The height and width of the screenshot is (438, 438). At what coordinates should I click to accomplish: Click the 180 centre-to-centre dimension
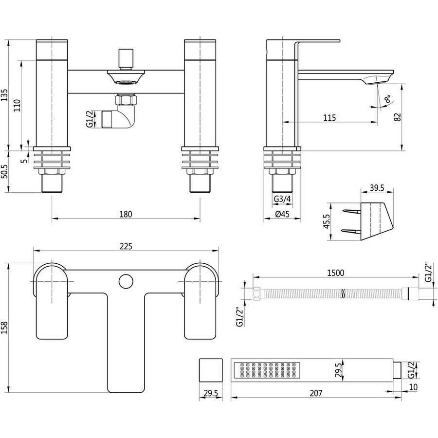(x=126, y=214)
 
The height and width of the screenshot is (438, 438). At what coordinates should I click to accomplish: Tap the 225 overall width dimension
(x=126, y=246)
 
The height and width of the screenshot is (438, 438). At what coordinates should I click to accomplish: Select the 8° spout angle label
(x=388, y=99)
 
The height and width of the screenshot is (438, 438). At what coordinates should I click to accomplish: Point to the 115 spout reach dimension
(x=329, y=118)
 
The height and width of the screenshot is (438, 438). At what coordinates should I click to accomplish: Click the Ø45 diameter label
(x=282, y=214)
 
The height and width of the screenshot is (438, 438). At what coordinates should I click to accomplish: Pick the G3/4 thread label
(x=282, y=199)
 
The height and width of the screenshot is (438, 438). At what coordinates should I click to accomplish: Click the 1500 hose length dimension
(x=336, y=273)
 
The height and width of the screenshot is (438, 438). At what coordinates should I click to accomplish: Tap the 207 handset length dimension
(x=316, y=393)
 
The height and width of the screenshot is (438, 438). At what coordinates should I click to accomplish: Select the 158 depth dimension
(x=5, y=328)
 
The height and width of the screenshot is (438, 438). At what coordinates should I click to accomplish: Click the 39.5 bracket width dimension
(x=377, y=188)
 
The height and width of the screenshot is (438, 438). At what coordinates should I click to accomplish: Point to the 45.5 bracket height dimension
(x=327, y=221)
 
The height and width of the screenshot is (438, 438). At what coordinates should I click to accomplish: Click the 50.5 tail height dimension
(x=5, y=171)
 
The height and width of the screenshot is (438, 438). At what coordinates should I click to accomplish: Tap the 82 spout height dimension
(x=398, y=117)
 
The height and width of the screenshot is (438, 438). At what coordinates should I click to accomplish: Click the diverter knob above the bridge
(x=126, y=59)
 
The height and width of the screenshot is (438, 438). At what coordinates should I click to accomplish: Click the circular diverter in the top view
(x=126, y=281)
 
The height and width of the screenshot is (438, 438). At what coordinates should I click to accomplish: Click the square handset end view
(x=211, y=370)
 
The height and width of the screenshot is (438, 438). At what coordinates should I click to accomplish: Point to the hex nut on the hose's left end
(x=256, y=293)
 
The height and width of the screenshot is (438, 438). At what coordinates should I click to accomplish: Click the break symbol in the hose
(x=343, y=293)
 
